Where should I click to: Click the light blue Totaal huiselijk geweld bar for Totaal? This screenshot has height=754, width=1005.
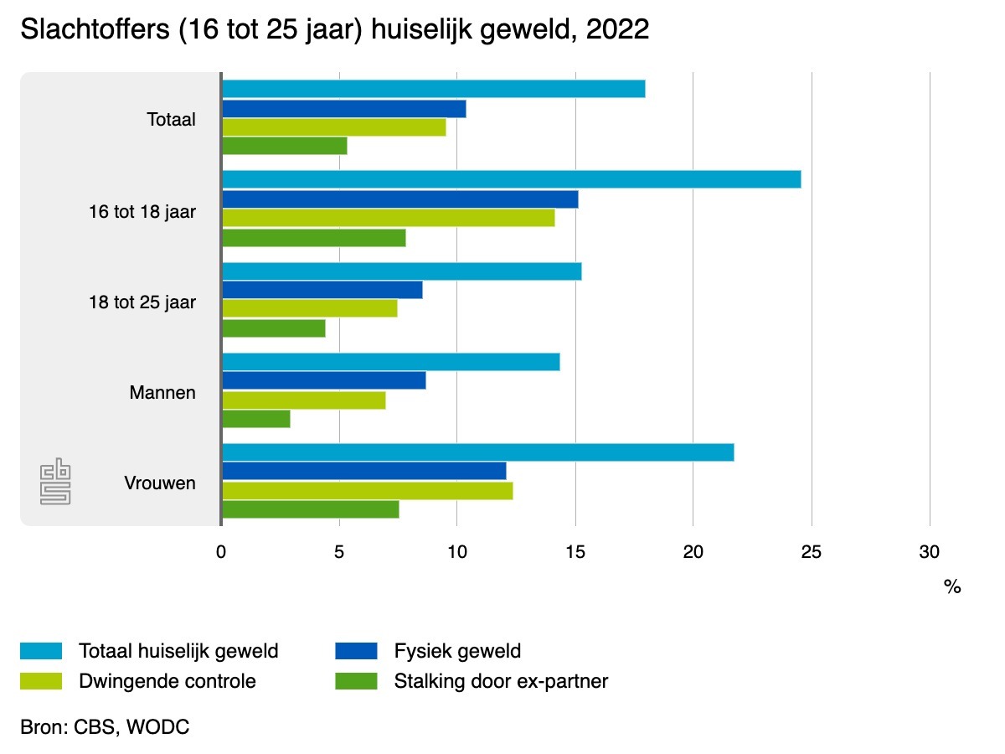[433, 89]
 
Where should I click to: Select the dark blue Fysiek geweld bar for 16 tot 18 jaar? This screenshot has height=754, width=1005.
[399, 199]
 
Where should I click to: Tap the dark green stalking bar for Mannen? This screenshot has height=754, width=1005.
[255, 419]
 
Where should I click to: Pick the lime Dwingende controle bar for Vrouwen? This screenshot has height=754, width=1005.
[367, 491]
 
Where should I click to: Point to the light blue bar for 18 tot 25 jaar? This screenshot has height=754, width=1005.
[401, 271]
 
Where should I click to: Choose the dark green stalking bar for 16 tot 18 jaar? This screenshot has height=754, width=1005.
[313, 238]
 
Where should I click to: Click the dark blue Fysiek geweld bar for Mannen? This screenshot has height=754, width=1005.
[323, 380]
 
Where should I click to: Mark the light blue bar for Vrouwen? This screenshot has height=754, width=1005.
[477, 452]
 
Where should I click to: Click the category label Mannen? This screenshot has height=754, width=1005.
[162, 391]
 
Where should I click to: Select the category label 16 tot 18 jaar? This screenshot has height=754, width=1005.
[142, 211]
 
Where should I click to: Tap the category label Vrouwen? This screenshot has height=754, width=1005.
[160, 483]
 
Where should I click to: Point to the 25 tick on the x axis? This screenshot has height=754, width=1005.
[811, 552]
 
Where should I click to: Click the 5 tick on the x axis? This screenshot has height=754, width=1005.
[339, 552]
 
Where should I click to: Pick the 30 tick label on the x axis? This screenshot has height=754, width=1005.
[929, 552]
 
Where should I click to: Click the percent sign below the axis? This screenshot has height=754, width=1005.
[951, 587]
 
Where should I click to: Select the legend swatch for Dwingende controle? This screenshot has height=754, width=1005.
[41, 681]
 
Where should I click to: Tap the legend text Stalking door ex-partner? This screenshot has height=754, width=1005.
[501, 681]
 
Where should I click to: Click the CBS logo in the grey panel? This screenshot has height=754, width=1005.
[56, 482]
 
